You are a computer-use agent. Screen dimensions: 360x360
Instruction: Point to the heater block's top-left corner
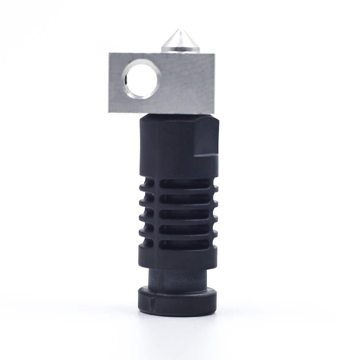(x=109, y=53)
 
